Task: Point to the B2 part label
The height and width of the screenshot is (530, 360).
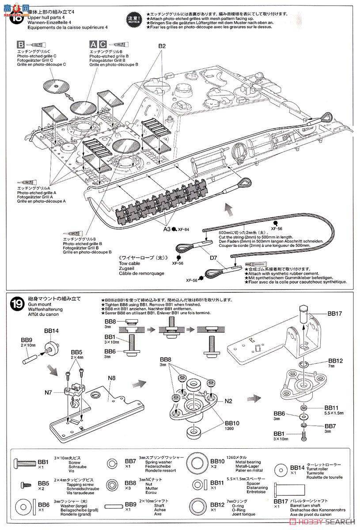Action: (162, 46)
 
